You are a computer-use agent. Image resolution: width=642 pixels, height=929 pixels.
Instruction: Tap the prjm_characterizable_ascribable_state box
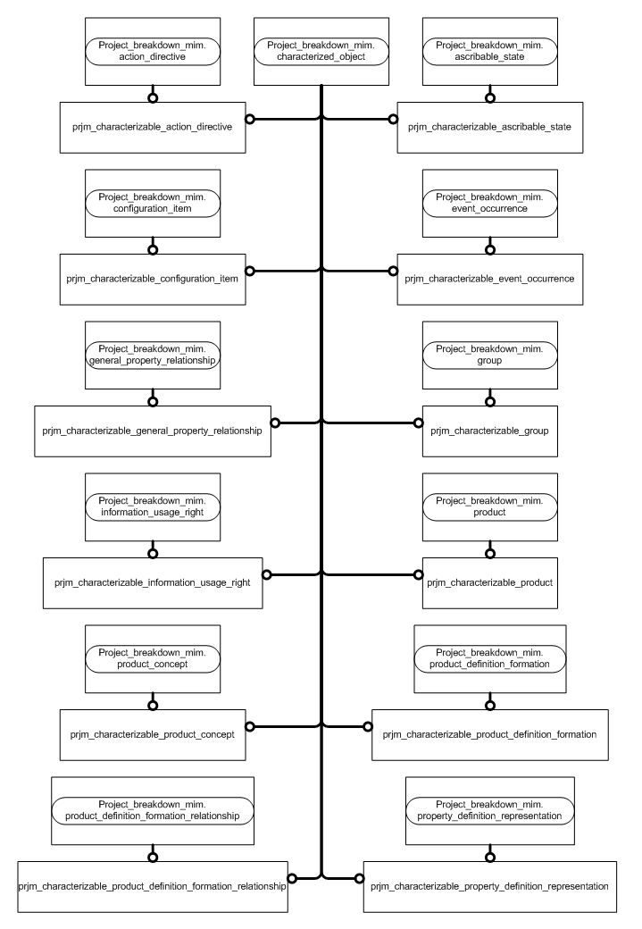[488, 127]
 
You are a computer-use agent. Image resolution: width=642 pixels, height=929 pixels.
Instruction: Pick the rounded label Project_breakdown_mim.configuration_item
[153, 202]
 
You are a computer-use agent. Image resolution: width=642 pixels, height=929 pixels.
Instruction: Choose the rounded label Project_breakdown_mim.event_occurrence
[488, 202]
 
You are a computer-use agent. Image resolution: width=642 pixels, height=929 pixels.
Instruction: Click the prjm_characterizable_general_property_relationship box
[152, 431]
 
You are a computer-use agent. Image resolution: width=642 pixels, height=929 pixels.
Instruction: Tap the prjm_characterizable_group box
[488, 431]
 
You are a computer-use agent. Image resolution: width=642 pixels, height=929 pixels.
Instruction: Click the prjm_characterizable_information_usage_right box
[153, 582]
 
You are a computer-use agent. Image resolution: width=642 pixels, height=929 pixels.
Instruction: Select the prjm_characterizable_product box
[488, 582]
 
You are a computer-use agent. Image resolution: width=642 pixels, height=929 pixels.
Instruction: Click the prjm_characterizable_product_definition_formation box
[489, 734]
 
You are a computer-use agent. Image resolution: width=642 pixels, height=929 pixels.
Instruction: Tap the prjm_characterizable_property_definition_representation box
[489, 886]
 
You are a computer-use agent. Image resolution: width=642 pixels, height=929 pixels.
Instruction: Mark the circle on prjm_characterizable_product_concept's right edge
[251, 726]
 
